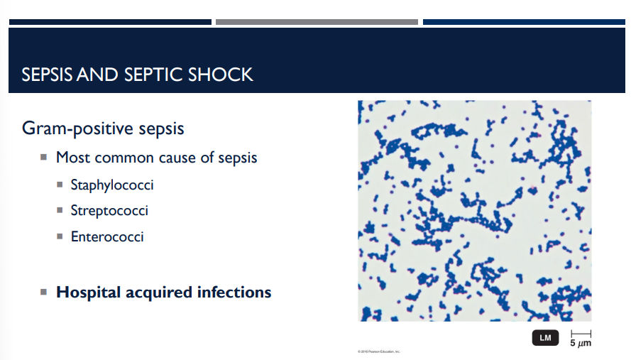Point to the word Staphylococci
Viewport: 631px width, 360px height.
[x=112, y=185]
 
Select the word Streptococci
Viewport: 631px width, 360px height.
[x=109, y=211]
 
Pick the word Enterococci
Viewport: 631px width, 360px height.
[x=107, y=236]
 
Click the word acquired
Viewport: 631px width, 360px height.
[x=159, y=292]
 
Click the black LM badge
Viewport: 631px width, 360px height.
[x=545, y=338]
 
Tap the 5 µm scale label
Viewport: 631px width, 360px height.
[x=581, y=343]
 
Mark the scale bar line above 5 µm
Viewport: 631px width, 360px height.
[x=581, y=332]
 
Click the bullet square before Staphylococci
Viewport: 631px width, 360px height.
[x=60, y=186]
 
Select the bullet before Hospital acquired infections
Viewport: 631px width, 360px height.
[x=43, y=292]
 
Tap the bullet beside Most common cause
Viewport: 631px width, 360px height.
[x=43, y=157]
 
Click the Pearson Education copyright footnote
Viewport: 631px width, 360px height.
[x=379, y=351]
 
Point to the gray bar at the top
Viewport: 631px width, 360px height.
[x=317, y=22]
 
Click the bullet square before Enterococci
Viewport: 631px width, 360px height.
[x=60, y=237]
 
